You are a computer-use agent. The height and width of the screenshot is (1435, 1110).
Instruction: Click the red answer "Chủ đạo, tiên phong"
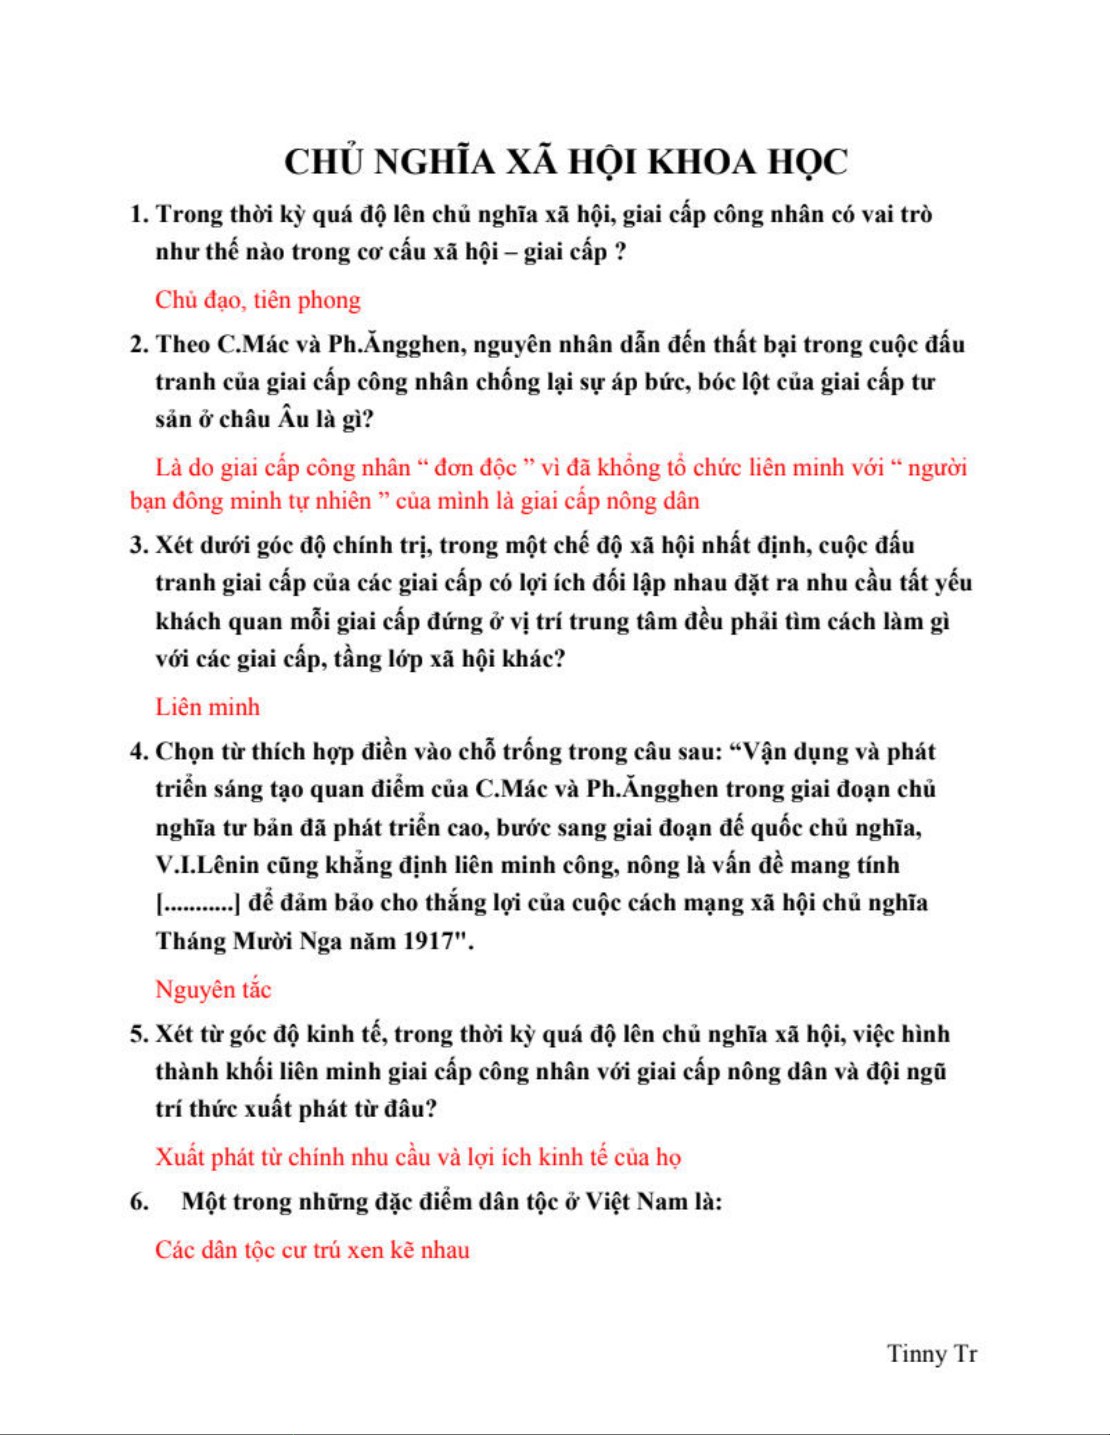coord(258,300)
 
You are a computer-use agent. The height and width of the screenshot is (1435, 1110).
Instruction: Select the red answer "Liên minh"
coord(207,707)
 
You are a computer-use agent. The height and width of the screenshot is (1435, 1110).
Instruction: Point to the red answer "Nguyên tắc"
coord(213,990)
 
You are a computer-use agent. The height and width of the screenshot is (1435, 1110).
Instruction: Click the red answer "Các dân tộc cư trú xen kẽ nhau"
coord(312,1249)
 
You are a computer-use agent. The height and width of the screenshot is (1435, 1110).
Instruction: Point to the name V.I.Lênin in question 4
coord(208,865)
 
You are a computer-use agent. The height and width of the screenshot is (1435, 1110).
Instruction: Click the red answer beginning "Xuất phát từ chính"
coord(418,1157)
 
